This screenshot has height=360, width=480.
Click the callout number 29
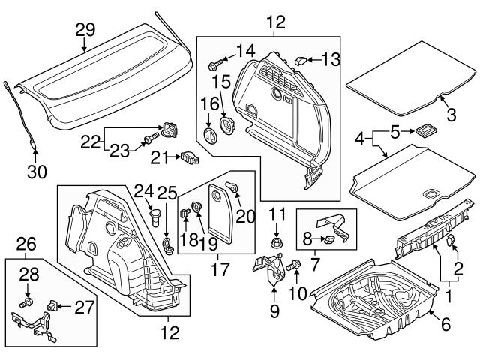(85, 30)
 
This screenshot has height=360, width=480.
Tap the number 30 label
(37, 172)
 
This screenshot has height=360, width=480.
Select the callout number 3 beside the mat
(450, 115)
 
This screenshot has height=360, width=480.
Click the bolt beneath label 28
(28, 302)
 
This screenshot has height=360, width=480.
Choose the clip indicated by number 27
(52, 307)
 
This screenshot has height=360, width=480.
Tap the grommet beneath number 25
(167, 244)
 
